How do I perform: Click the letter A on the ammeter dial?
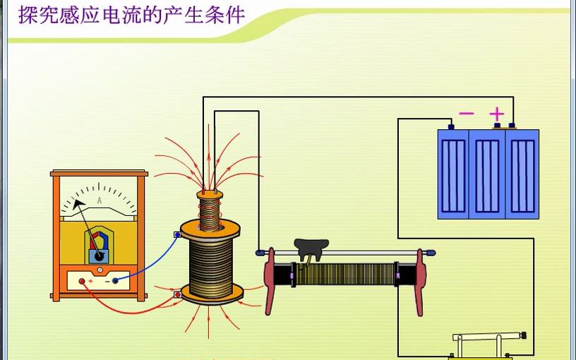[x=99, y=201]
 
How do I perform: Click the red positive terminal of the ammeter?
[x=82, y=281]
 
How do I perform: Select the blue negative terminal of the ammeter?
[x=115, y=280]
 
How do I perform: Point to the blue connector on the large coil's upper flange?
[x=177, y=234]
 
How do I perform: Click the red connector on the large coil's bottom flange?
[x=176, y=294]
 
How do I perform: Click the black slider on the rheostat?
[x=311, y=248]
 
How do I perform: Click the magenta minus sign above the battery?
[x=467, y=113]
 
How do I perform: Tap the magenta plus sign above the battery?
[x=497, y=113]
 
